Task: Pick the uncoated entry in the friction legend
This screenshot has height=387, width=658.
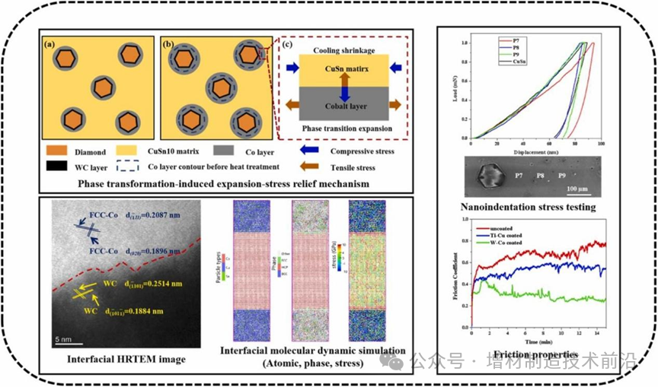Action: tap(508, 227)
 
